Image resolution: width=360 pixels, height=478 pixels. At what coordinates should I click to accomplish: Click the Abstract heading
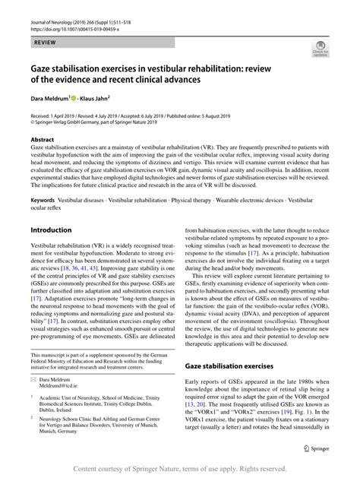click(x=42, y=141)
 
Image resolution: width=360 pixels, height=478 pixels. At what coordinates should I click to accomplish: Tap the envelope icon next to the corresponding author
click(x=35, y=376)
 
